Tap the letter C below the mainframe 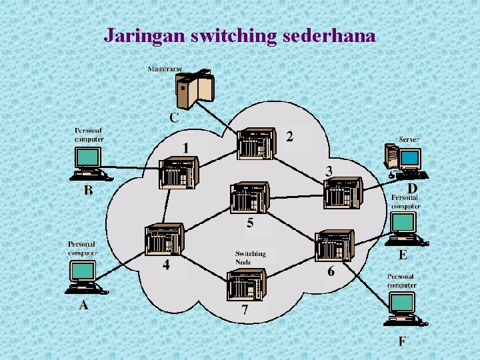click(x=173, y=117)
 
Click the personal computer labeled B click(x=89, y=163)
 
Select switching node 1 click(x=179, y=172)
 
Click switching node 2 click(x=255, y=143)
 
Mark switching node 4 click(x=163, y=239)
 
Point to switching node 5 click(x=249, y=197)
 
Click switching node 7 click(x=246, y=285)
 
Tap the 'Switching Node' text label click(x=250, y=257)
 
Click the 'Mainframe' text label click(x=165, y=69)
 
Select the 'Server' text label click(x=409, y=139)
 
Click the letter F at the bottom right click(x=403, y=341)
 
